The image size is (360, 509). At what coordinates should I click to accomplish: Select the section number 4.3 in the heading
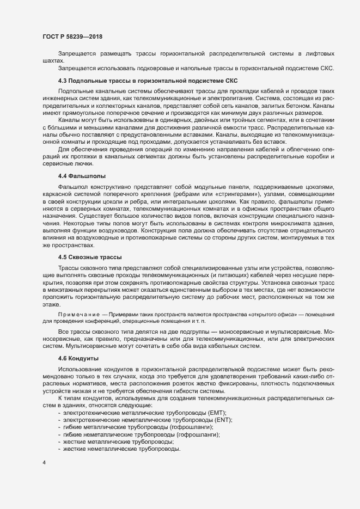pos(63,81)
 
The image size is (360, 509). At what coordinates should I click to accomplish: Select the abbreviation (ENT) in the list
pos(223,420)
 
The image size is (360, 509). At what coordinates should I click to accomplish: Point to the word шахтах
pos(53,60)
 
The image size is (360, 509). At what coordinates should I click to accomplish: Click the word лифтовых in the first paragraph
pos(318,53)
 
